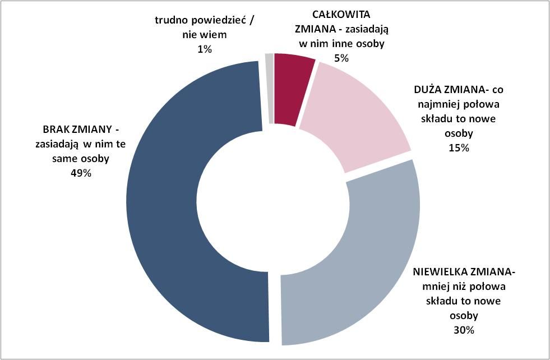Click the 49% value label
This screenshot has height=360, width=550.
81,173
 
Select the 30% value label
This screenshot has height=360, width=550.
464,330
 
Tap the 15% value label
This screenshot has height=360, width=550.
459,148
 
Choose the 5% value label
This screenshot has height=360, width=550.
341,58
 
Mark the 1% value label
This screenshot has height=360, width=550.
205,49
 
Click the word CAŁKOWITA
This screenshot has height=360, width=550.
341,15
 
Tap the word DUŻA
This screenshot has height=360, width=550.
428,90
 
